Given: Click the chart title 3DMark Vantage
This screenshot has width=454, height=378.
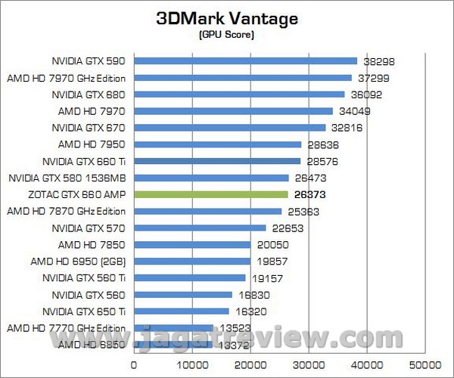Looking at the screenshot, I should pyautogui.click(x=226, y=18).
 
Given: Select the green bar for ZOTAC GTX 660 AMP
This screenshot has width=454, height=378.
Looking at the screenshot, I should pyautogui.click(x=211, y=194).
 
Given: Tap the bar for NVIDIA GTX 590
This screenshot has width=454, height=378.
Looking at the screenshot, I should pyautogui.click(x=245, y=61).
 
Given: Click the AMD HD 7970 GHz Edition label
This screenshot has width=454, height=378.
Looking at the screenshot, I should pyautogui.click(x=66, y=78).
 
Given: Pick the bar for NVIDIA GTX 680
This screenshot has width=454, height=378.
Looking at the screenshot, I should pyautogui.click(x=239, y=94).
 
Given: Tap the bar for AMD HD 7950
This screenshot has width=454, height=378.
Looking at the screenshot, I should pyautogui.click(x=218, y=144).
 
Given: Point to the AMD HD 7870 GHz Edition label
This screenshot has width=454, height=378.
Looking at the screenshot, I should pyautogui.click(x=66, y=211).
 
